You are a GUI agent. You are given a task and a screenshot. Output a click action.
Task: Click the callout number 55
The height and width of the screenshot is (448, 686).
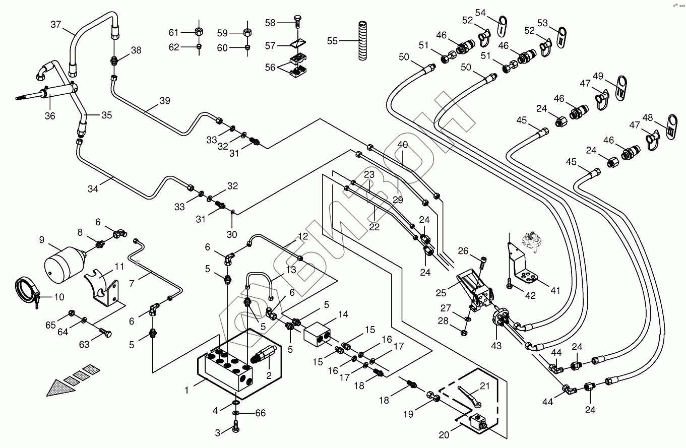click(x=332, y=41)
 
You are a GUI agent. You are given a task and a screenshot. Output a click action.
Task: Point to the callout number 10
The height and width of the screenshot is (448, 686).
click(x=59, y=297)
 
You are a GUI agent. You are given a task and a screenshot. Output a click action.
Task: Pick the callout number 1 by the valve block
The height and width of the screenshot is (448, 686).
click(x=187, y=390)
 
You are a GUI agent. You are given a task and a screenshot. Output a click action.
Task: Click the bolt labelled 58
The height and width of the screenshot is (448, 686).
click(x=298, y=22)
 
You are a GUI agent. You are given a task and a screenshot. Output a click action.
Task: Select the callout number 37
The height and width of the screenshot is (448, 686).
click(x=56, y=24)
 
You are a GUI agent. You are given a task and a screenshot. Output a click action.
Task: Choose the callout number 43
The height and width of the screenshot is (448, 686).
click(x=496, y=346)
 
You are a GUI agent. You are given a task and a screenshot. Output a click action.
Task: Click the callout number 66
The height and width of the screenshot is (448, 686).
click(x=260, y=414)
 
